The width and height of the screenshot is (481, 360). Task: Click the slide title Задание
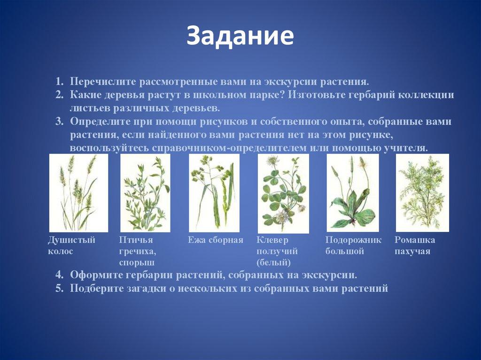240,36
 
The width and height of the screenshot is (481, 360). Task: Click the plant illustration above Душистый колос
78,193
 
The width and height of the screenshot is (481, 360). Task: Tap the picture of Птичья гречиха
145,193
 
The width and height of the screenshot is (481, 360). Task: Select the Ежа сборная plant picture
214,193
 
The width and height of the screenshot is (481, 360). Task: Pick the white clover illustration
283,193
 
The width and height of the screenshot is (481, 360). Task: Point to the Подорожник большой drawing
352,192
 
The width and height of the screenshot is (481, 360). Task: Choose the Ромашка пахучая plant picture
422,192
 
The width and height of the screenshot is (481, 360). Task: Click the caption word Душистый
71,240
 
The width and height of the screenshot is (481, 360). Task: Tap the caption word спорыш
137,263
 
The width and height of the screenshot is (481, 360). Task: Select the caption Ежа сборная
215,240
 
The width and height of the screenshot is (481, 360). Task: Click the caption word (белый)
273,262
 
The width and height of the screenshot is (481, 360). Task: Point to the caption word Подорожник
353,240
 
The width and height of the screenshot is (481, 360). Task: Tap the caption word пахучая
412,252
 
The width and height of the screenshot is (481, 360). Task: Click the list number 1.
59,82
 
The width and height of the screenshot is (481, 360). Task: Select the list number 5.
59,288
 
